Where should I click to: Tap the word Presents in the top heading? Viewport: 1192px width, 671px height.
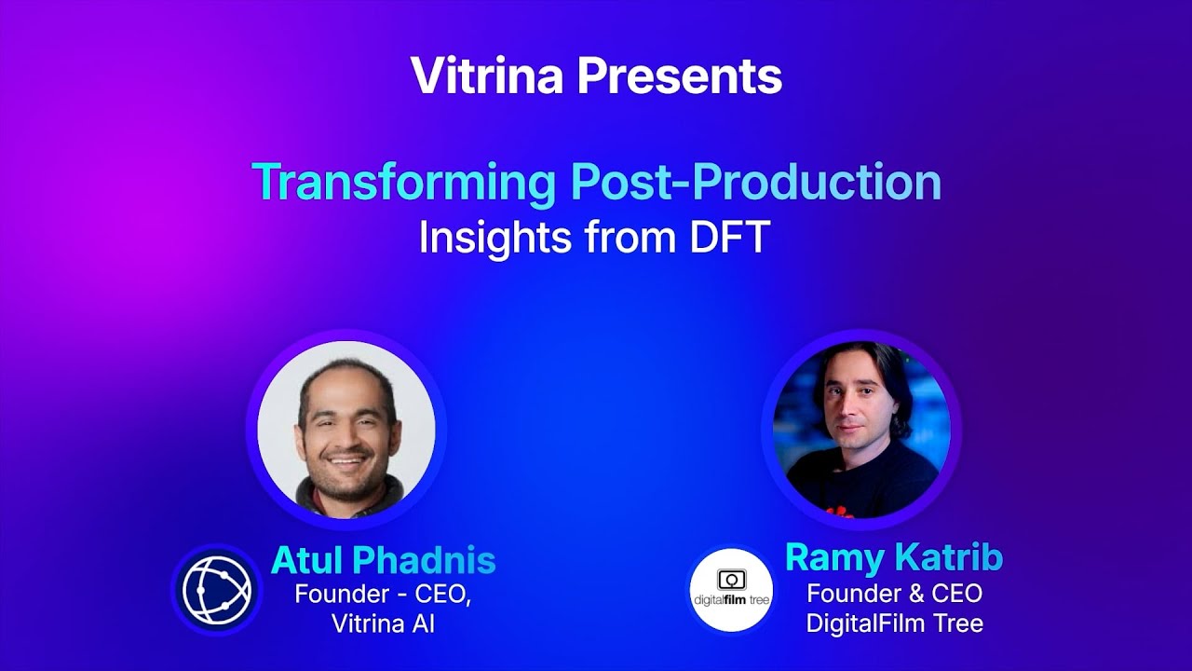679,76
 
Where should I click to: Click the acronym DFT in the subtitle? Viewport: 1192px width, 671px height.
729,238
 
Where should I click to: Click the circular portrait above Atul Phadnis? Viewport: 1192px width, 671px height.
346,430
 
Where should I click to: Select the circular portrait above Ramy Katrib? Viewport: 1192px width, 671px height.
862,430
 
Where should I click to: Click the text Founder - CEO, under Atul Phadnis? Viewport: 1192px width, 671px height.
383,594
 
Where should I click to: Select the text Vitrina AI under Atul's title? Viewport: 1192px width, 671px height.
383,623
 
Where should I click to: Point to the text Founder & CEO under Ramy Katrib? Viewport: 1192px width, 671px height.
894,593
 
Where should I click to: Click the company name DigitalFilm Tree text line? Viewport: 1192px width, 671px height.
894,623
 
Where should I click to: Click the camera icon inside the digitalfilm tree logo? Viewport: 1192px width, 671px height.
731,579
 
